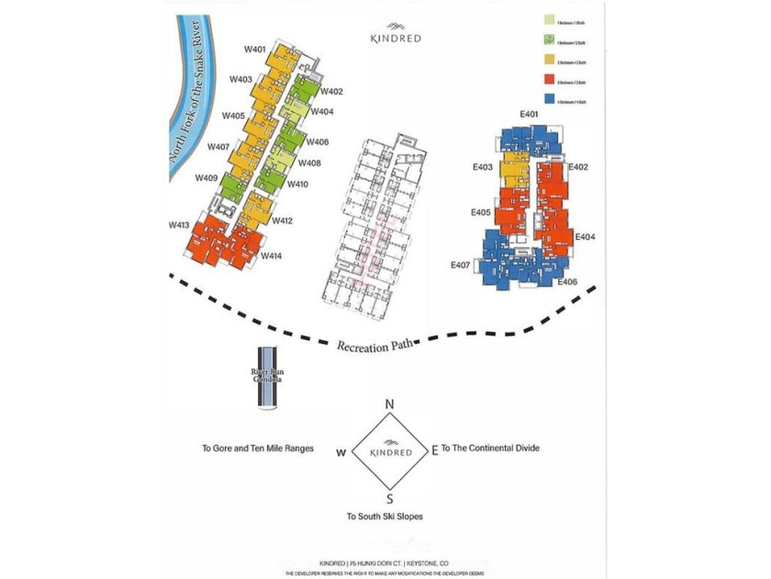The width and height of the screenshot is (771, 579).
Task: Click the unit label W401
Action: (x=255, y=49)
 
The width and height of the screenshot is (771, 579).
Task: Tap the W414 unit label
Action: (x=271, y=255)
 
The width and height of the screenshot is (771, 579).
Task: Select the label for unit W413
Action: (x=179, y=224)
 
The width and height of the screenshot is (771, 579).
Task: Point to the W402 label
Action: (x=332, y=91)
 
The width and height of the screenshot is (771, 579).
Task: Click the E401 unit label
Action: (x=530, y=114)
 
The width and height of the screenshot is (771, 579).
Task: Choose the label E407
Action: (x=461, y=265)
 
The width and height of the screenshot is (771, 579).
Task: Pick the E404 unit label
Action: (x=586, y=237)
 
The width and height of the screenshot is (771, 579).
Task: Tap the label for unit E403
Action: (x=483, y=167)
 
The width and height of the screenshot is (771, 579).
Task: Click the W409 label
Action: (x=207, y=177)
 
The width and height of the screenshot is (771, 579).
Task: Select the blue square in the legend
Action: (x=548, y=100)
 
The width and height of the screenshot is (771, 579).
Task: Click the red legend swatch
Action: (x=548, y=80)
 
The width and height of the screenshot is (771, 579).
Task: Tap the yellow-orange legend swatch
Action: (x=548, y=61)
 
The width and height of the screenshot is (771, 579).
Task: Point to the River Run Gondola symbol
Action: (x=266, y=378)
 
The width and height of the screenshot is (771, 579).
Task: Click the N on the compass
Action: (x=389, y=404)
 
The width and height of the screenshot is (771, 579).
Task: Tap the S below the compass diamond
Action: (x=389, y=499)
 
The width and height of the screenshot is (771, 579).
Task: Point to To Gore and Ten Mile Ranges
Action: (x=258, y=449)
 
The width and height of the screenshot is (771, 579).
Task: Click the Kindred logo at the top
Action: (x=396, y=35)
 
